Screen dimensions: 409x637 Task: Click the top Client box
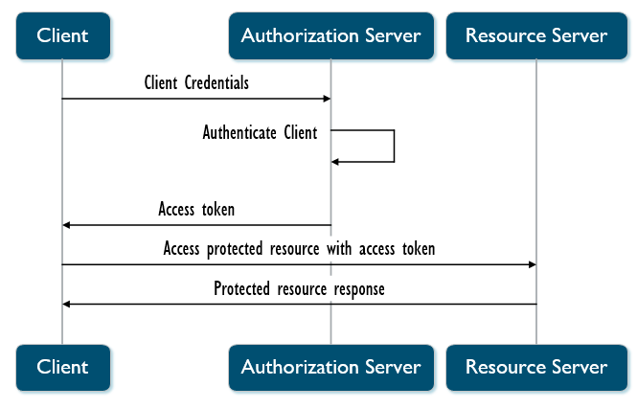(x=62, y=36)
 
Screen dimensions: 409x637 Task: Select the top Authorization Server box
(x=330, y=36)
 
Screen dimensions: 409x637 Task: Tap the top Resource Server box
(x=535, y=36)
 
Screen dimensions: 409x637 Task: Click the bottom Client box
(x=62, y=367)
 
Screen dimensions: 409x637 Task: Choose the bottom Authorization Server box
(x=330, y=367)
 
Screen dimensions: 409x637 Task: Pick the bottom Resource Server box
(x=535, y=367)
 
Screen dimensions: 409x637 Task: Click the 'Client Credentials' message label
(x=196, y=83)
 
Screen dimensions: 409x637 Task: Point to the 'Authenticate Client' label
(x=260, y=133)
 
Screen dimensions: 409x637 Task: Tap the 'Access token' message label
(x=196, y=210)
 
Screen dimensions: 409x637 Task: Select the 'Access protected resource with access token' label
(x=299, y=249)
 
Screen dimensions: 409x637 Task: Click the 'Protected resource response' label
(x=299, y=288)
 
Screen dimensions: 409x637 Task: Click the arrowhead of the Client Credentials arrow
(x=326, y=99)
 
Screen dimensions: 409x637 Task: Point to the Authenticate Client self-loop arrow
(x=393, y=146)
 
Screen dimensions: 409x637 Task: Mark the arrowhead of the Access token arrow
(x=67, y=225)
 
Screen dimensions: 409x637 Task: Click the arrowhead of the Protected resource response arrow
(x=67, y=304)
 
